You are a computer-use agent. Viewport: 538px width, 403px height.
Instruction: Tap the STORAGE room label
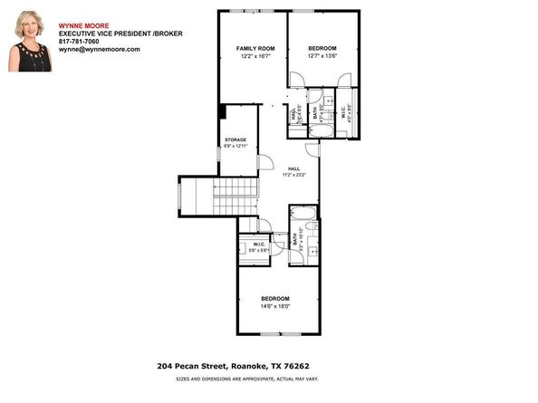235,139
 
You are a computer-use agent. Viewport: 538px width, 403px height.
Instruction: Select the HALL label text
293,168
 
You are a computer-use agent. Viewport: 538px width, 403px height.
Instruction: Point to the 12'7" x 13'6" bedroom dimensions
322,56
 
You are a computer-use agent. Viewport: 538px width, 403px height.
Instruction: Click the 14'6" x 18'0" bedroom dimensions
276,306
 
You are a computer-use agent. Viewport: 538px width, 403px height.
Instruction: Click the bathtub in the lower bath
303,217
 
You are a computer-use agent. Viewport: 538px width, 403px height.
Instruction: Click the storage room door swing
266,162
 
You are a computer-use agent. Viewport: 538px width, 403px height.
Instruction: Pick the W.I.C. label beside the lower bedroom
258,243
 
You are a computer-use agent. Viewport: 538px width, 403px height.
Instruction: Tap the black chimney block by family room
221,111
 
